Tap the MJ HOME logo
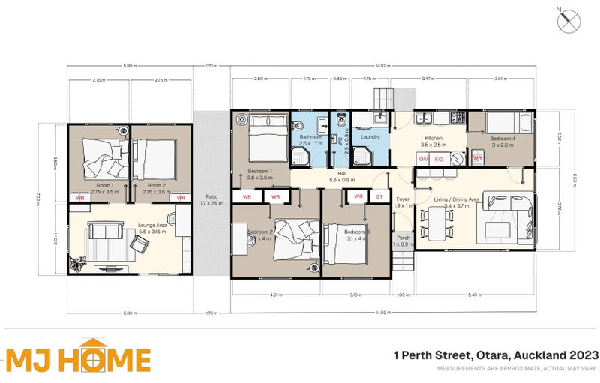coord(78,359)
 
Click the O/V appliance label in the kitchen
coord(423,159)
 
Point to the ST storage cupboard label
coord(379,196)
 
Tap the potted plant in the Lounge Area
coord(75,263)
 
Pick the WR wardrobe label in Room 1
coord(80,198)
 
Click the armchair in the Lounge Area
coord(181,221)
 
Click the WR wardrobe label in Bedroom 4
coord(477,158)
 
